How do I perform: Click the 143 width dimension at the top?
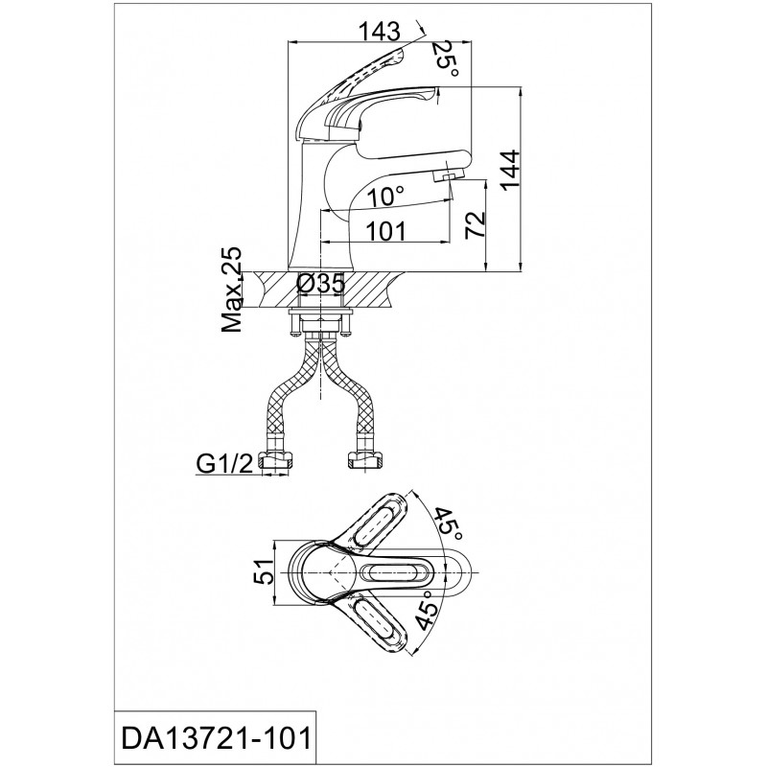point(379,32)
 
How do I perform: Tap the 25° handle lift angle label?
point(447,59)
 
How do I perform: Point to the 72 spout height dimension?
point(475,224)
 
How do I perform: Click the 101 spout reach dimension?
point(386,230)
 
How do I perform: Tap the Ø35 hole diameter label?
point(321,284)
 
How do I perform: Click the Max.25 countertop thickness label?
point(232,289)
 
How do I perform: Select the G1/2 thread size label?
point(224,464)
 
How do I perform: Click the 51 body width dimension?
point(263,571)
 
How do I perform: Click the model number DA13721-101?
point(216,738)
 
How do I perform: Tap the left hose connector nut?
point(276,461)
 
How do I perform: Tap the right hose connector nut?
point(364,461)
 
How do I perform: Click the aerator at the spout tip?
point(444,175)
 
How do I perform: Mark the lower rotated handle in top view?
point(374,619)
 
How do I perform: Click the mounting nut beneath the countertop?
point(320,324)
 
